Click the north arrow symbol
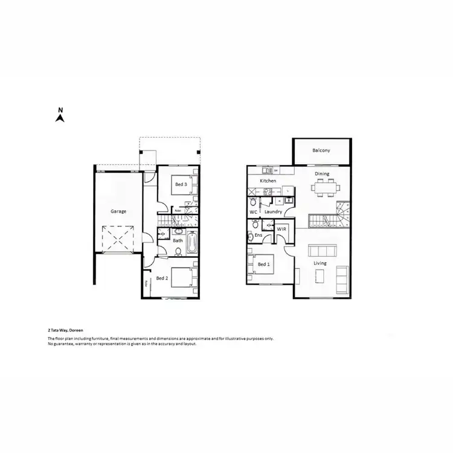pyautogui.click(x=60, y=115)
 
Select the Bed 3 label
pyautogui.click(x=181, y=184)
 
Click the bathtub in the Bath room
pyautogui.click(x=191, y=244)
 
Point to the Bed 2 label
pyautogui.click(x=161, y=278)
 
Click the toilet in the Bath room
pyautogui.click(x=179, y=231)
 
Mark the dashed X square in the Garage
pyautogui.click(x=117, y=239)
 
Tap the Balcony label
pyautogui.click(x=321, y=150)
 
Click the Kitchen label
pyautogui.click(x=268, y=181)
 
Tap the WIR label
pyautogui.click(x=281, y=230)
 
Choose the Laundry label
pyautogui.click(x=274, y=212)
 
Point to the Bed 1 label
pyautogui.click(x=264, y=265)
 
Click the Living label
pyautogui.click(x=320, y=263)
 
